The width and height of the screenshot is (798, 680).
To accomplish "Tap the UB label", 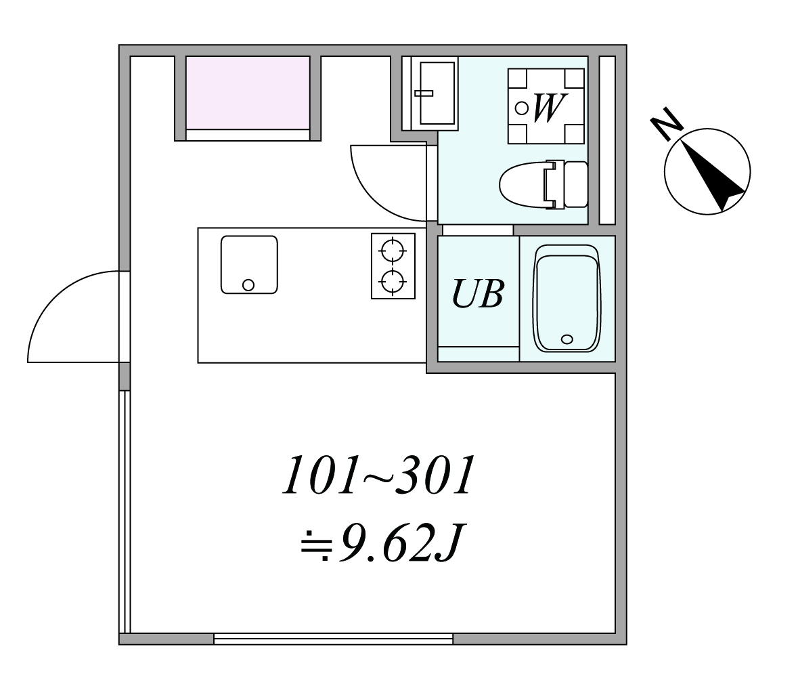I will pos(478,294).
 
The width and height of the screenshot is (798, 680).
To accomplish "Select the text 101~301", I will pos(376,475).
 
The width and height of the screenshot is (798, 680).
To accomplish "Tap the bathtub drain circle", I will pos(567,339).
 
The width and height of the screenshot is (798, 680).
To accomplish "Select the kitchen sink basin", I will pos(248,264).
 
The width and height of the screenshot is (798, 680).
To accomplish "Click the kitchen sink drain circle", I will pos(248,284).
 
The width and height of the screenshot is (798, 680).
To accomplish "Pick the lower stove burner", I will pos(393,279).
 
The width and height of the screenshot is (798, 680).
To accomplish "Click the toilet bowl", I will pos(522,184).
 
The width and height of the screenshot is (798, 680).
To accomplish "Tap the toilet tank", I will pos(575,184).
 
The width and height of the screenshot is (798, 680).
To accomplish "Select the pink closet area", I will pos(248,93).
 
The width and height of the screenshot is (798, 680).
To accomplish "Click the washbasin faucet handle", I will pos(424,93).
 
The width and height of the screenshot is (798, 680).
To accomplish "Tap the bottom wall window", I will pos(333,638).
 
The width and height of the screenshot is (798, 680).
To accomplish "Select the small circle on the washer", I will pos(522,107).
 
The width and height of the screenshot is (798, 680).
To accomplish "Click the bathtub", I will pos(567,298).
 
